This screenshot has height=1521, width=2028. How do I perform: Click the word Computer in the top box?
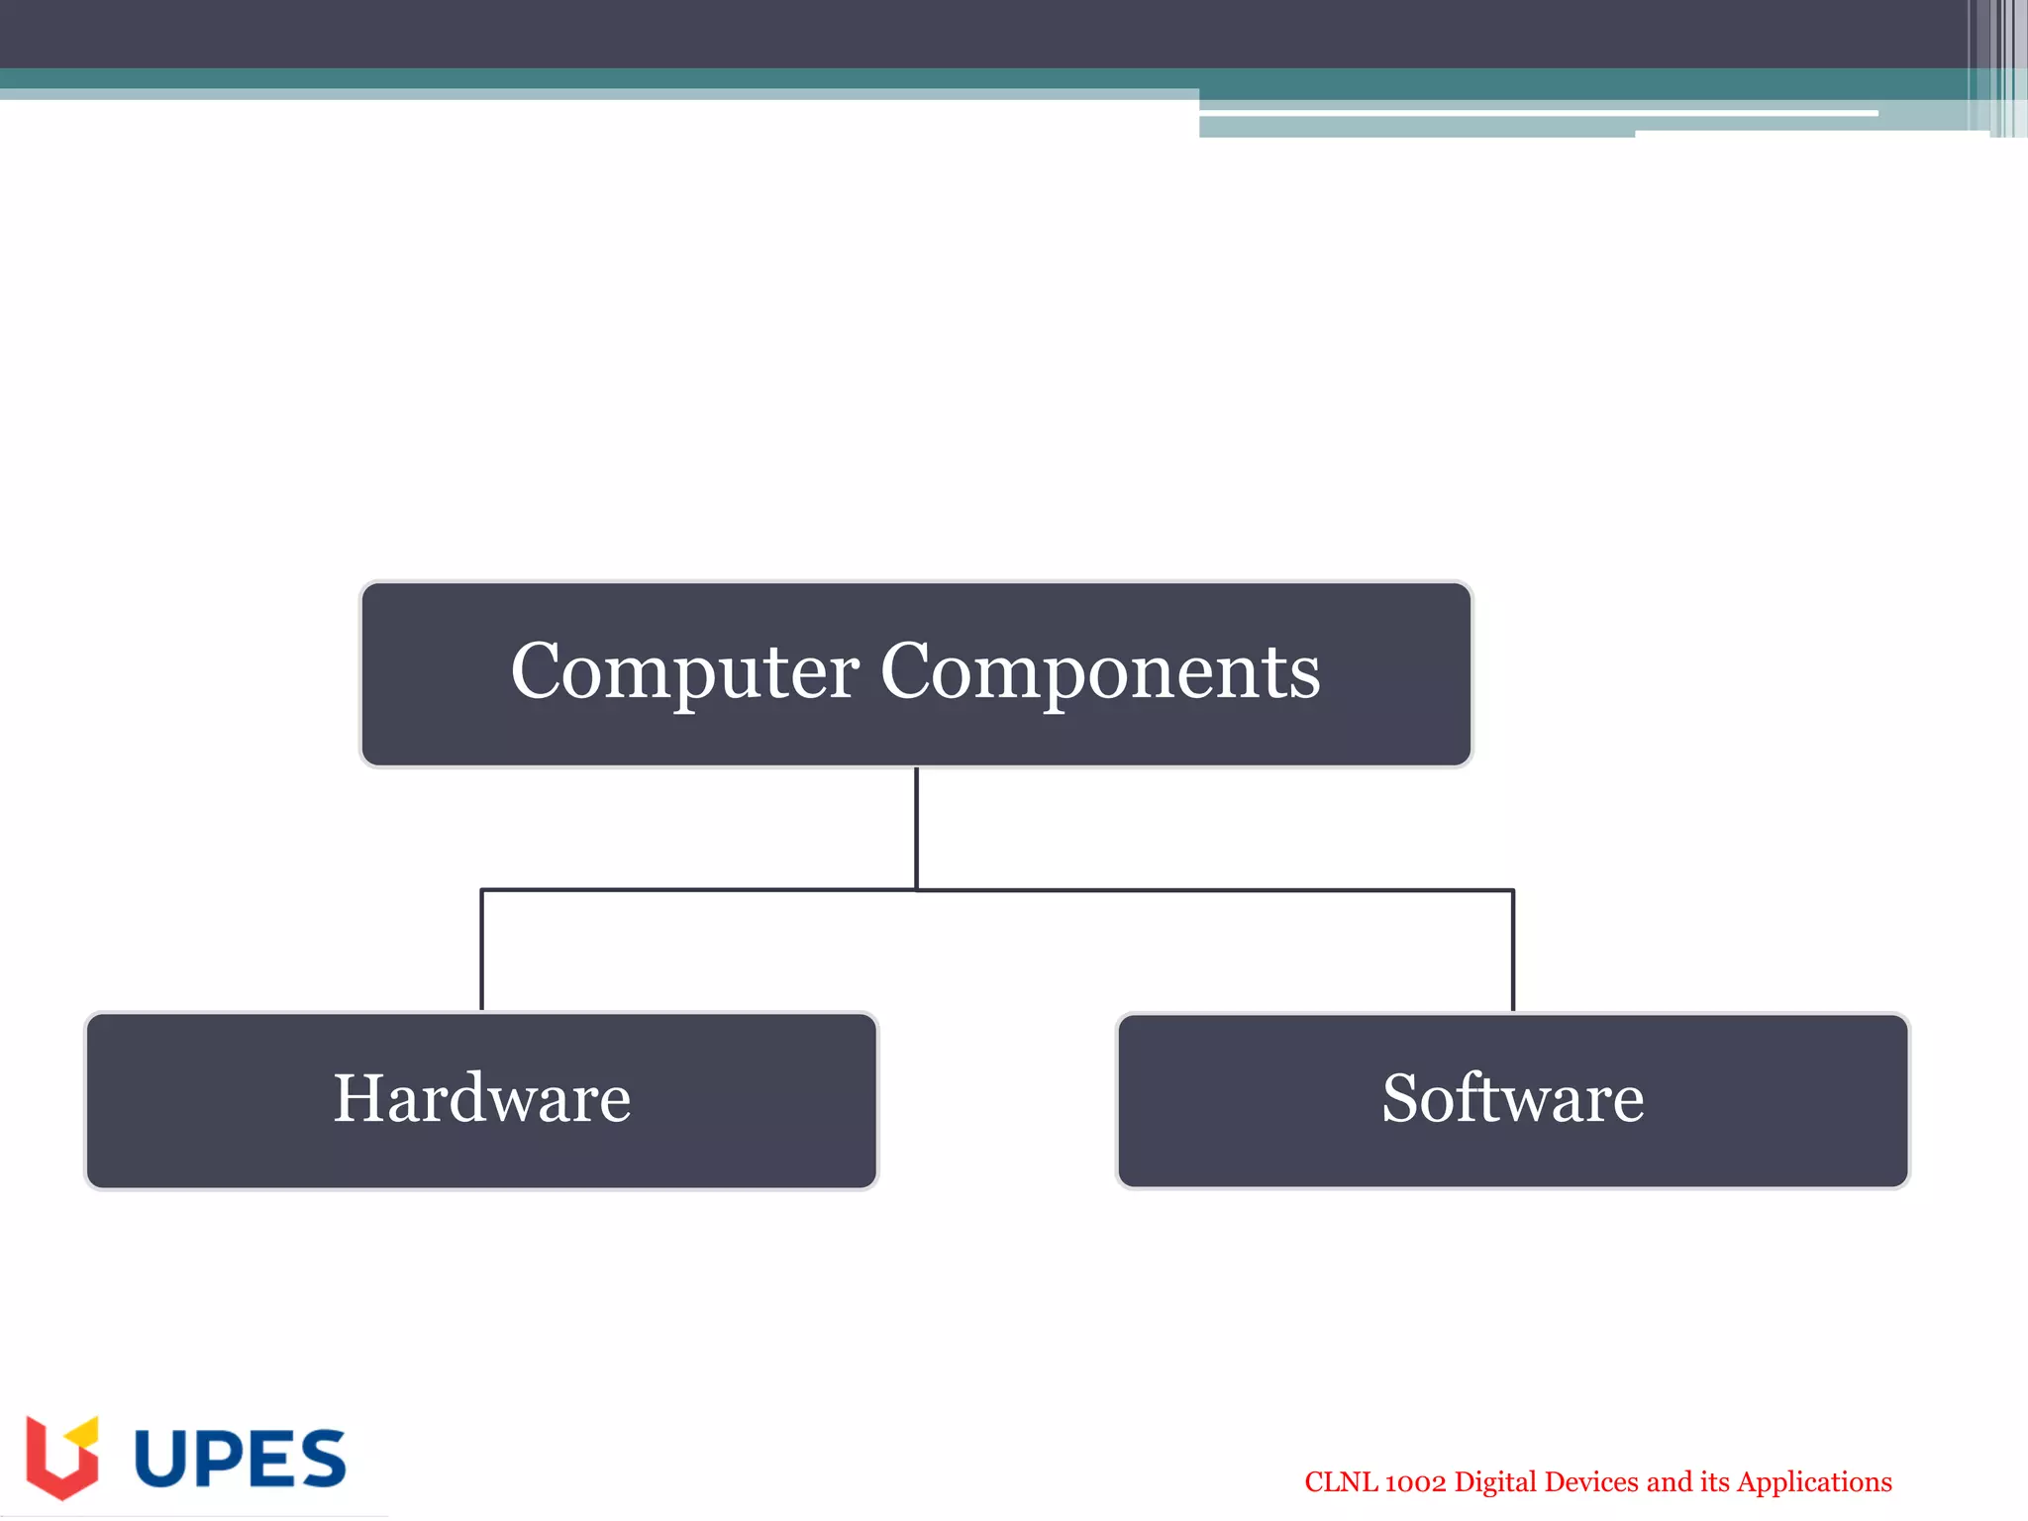pos(684,672)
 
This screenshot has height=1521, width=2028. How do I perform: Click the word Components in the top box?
pos(1099,672)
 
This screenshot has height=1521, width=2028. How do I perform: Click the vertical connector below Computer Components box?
pos(916,827)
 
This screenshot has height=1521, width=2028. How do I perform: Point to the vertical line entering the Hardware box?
pos(482,951)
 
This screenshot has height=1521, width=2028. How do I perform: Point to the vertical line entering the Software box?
pos(1512,951)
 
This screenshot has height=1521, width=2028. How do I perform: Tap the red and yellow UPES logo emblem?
pos(61,1459)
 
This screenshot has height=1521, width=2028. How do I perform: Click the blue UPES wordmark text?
pos(240,1459)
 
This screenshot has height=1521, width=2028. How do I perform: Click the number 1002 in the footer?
pos(1415,1482)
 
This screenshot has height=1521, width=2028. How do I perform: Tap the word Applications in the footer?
pos(1814,1482)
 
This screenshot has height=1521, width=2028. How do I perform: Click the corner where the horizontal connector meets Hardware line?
pos(482,890)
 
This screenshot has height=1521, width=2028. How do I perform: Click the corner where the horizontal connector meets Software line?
pos(1512,890)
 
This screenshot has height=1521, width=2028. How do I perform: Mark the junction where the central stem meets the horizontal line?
pos(916,890)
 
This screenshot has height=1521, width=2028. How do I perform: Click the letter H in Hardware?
pos(358,1098)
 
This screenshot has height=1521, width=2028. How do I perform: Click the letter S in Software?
pos(1404,1098)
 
